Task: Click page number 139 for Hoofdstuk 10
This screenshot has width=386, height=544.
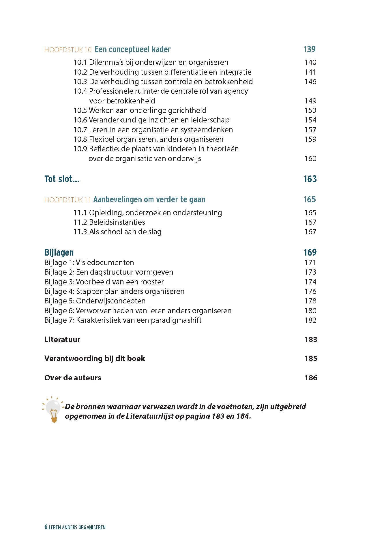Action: pos(310,49)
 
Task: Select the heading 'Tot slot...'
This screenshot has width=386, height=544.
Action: pos(62,179)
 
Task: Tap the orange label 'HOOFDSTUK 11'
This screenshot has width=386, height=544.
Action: pos(68,200)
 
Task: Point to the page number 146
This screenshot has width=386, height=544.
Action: pos(310,82)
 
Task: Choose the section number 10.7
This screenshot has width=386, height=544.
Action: pos(80,130)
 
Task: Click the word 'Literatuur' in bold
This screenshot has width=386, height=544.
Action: pos(62,339)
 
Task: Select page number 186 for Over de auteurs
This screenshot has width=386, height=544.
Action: pos(311,378)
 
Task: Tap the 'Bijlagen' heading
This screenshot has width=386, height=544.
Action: pos(59,252)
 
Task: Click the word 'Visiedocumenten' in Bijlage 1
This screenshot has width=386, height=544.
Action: pos(105,262)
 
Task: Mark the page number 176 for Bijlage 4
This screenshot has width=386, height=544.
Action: pos(310,291)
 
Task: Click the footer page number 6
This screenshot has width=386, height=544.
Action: pos(46,527)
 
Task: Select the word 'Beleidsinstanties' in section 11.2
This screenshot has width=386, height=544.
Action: pos(117,222)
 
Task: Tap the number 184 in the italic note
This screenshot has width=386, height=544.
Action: pos(243,416)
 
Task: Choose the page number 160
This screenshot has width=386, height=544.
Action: pos(310,158)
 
